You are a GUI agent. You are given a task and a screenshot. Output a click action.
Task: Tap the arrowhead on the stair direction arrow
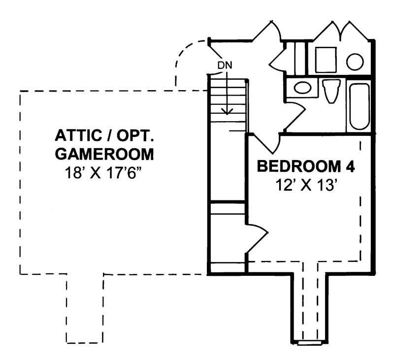[x=227, y=111]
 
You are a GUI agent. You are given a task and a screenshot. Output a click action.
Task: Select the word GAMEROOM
[x=104, y=154]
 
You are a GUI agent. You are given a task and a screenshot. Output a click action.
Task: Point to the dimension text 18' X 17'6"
[x=104, y=173]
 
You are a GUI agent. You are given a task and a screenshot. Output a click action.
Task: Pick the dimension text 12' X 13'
[x=306, y=186]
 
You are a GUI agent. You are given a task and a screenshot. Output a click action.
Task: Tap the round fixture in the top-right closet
[x=355, y=62]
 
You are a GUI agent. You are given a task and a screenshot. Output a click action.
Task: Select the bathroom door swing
[x=295, y=114]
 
